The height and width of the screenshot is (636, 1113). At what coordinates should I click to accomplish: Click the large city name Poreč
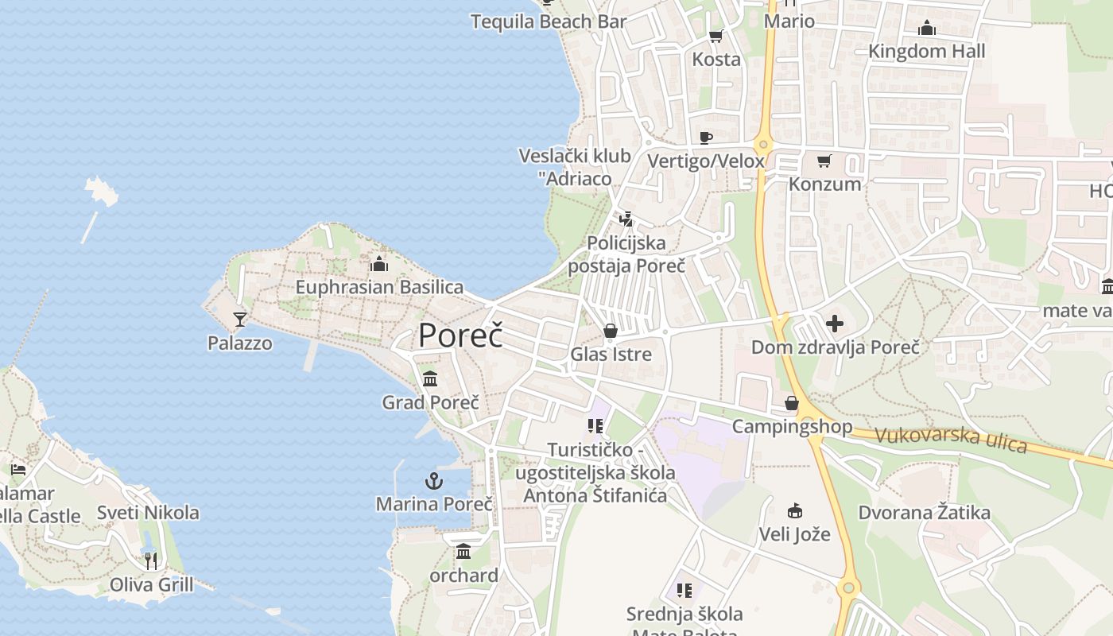[x=461, y=335]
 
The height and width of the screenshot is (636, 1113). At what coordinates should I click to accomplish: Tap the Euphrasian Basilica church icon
[x=379, y=264]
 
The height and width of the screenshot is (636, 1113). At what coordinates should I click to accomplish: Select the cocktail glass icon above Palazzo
[x=239, y=320]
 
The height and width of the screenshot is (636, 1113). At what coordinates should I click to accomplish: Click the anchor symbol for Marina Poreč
[x=433, y=481]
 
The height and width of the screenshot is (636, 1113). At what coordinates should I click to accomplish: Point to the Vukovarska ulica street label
[x=951, y=439]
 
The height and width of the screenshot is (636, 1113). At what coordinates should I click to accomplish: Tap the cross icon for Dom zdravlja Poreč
[x=835, y=324]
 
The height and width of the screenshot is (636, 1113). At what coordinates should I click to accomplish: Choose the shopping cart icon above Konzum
[x=824, y=161]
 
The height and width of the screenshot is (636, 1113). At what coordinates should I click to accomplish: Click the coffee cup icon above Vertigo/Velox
[x=705, y=138]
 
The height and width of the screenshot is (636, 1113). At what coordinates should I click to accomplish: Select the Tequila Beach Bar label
[x=549, y=21]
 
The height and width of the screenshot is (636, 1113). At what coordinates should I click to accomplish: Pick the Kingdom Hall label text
[x=926, y=52]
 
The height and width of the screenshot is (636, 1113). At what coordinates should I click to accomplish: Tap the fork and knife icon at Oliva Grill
[x=151, y=561]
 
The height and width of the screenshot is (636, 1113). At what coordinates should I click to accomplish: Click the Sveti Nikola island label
[x=148, y=513]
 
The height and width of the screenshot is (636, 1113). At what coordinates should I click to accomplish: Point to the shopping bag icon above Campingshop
[x=792, y=404]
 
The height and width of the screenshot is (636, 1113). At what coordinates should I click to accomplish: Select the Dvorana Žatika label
[x=924, y=513]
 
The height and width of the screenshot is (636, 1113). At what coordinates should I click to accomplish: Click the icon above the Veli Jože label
[x=794, y=510]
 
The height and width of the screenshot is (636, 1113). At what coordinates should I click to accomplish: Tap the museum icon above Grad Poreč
[x=430, y=378]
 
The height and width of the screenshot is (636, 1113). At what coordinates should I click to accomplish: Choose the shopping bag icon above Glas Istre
[x=611, y=331]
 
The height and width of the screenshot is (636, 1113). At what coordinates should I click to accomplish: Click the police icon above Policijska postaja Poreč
[x=626, y=219]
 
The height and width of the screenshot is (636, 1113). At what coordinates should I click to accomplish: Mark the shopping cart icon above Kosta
[x=715, y=36]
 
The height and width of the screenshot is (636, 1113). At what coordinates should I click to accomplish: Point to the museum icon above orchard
[x=463, y=551]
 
